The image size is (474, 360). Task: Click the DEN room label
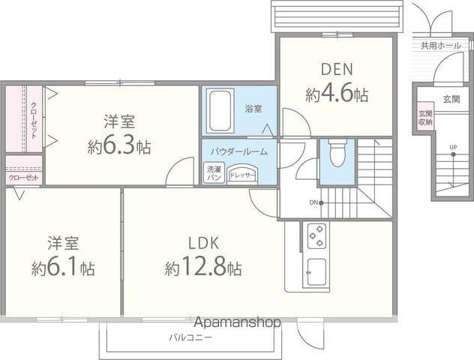[337, 70]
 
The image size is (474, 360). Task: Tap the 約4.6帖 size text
[337, 94]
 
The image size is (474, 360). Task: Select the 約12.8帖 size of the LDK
[203, 267]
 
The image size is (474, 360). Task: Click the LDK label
[202, 242]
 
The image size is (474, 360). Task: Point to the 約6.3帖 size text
[118, 145]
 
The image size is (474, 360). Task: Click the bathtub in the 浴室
[219, 110]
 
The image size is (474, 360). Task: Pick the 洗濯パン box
[214, 173]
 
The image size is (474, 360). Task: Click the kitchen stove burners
[316, 236]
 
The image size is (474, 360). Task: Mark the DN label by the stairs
[313, 202]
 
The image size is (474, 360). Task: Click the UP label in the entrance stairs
[453, 146]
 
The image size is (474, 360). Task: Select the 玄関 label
[451, 100]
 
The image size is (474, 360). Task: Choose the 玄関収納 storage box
[425, 118]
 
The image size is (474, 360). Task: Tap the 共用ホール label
[440, 46]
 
